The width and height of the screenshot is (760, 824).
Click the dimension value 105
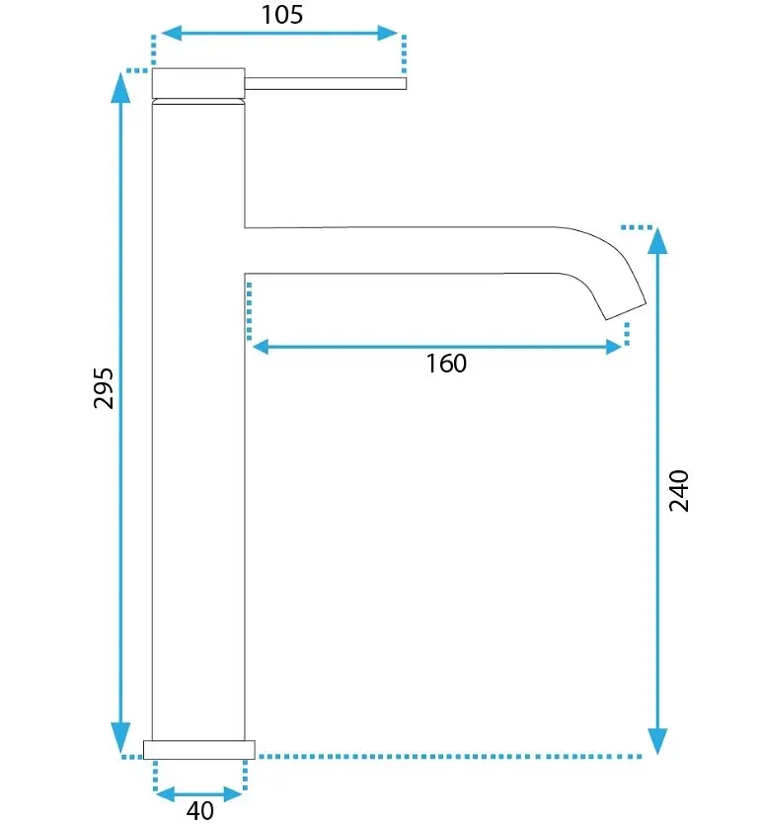(282, 14)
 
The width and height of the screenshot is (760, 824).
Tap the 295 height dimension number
(104, 388)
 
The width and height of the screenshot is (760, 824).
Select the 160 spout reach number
(445, 364)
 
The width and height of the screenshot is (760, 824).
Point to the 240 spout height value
(679, 491)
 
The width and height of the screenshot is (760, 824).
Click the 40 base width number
(200, 810)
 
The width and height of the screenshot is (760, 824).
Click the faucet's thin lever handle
(326, 83)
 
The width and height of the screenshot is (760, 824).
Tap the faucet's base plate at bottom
(199, 750)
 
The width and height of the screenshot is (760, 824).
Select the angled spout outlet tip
(626, 311)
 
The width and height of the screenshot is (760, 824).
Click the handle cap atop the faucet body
(198, 83)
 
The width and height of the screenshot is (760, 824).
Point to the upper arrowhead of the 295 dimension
(120, 87)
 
